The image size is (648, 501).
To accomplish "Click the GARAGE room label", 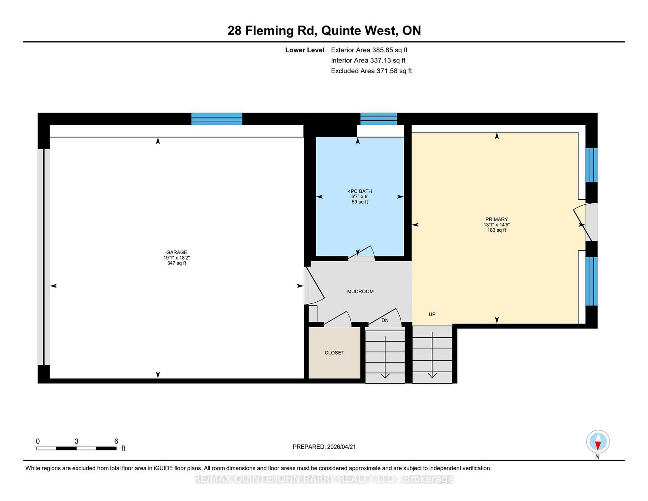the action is pyautogui.click(x=177, y=252).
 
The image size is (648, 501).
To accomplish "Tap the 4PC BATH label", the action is pyautogui.click(x=360, y=191).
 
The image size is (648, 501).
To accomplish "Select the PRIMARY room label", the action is pyautogui.click(x=497, y=219).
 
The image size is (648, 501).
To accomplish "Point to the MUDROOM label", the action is pyautogui.click(x=360, y=291).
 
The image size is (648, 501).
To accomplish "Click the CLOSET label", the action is pyautogui.click(x=334, y=352).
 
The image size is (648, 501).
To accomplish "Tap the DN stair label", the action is pyautogui.click(x=385, y=320).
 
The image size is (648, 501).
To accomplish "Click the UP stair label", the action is pyautogui.click(x=432, y=314).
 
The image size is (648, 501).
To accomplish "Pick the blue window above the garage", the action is pyautogui.click(x=217, y=119).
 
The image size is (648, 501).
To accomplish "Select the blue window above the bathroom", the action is pyautogui.click(x=378, y=119).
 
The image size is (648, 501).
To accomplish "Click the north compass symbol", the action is pyautogui.click(x=598, y=441).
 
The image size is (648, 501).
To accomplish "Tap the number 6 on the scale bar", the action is pyautogui.click(x=116, y=441).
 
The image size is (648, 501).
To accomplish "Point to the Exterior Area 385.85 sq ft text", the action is pyautogui.click(x=369, y=50).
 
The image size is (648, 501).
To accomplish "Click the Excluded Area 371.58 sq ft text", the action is pyautogui.click(x=371, y=71).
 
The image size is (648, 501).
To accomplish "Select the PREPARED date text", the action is pyautogui.click(x=324, y=447).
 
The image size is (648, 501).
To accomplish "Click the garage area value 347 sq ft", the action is pyautogui.click(x=177, y=263).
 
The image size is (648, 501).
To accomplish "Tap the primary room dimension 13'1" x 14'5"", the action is pyautogui.click(x=497, y=224).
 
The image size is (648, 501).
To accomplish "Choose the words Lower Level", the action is pyautogui.click(x=305, y=50).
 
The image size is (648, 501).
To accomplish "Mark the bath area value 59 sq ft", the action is pyautogui.click(x=360, y=202).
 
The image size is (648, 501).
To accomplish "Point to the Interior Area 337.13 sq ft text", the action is pyautogui.click(x=368, y=60).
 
